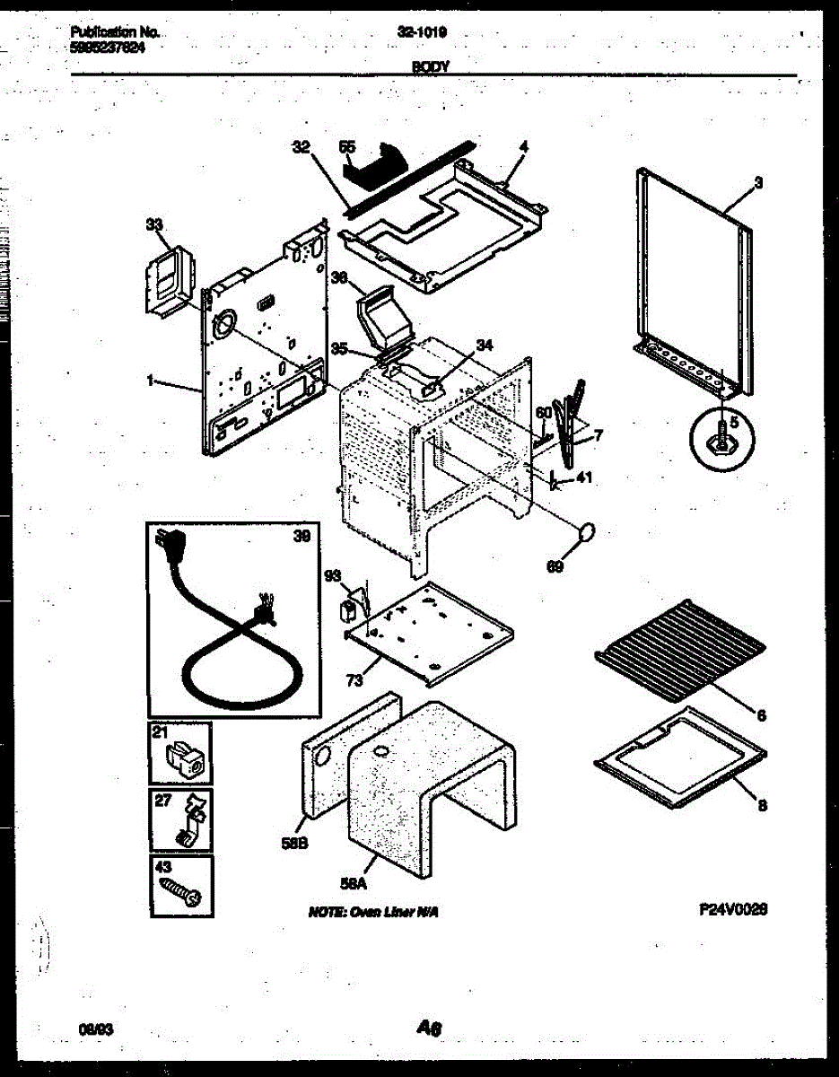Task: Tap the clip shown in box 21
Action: click(185, 760)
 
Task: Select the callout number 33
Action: click(153, 228)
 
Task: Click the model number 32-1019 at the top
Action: click(423, 32)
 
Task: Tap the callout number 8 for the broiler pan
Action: click(761, 806)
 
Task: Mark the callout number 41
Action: click(584, 477)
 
